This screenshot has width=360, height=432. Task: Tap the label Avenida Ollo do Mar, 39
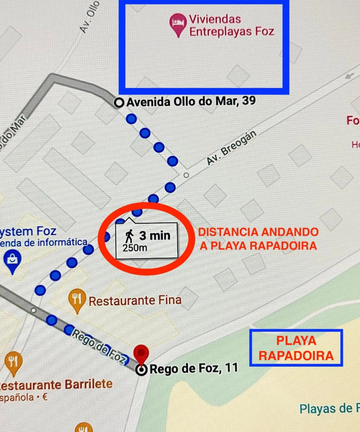click(191, 102)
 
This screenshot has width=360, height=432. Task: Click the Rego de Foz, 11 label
click(193, 368)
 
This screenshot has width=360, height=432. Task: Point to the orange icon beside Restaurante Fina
click(77, 300)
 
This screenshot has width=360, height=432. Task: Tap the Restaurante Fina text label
click(135, 300)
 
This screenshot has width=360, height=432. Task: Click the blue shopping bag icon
click(13, 260)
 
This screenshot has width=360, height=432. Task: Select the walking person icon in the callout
click(130, 235)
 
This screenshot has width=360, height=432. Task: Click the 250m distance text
click(135, 248)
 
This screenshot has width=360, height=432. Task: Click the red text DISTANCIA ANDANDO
click(259, 232)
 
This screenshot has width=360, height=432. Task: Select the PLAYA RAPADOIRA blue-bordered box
click(296, 348)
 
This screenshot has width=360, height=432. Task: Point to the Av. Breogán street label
click(231, 148)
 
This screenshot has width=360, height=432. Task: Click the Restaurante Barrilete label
click(55, 385)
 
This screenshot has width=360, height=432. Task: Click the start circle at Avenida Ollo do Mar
click(119, 103)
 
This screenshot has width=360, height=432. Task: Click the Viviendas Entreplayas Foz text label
click(231, 25)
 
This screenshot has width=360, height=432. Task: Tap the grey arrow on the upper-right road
click(350, 76)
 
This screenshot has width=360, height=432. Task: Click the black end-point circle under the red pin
click(141, 370)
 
